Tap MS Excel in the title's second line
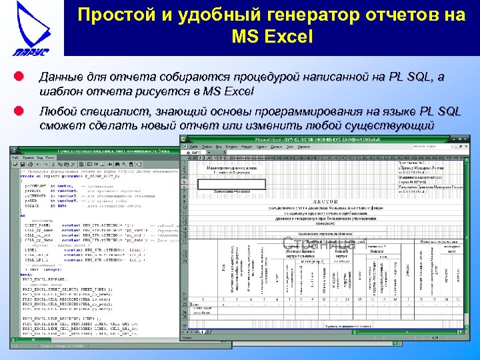point(271,37)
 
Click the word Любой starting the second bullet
point(59,111)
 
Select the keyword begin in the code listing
point(26,273)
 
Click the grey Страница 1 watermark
point(325,243)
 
